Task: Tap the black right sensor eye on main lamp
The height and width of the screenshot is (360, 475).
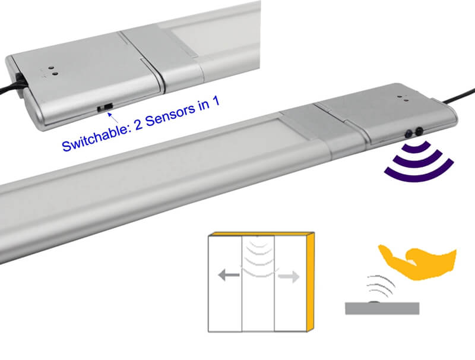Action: [x=420, y=130]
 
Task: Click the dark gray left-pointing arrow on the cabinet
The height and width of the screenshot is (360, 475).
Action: [x=229, y=275]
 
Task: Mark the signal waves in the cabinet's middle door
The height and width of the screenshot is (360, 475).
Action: [x=258, y=255]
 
